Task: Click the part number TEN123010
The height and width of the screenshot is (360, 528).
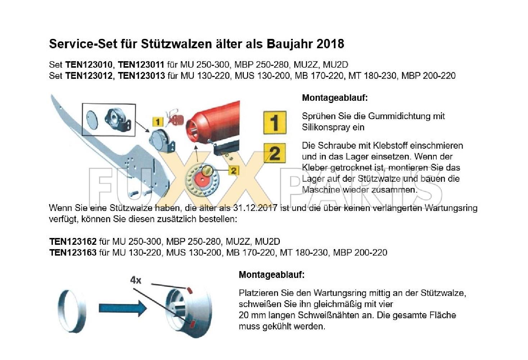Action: pos(89,65)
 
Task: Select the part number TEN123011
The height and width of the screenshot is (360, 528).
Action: pos(141,65)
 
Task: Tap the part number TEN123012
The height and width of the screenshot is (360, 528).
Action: pos(89,76)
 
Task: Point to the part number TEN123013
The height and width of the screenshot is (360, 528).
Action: pos(141,76)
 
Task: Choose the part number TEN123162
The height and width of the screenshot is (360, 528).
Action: pos(73,242)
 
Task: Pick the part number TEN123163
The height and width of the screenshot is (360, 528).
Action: pos(73,253)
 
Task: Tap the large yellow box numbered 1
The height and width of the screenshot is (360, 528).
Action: pos(275,123)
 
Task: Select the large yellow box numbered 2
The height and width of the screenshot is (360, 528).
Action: pos(275,153)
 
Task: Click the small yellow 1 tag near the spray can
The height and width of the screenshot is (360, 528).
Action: pos(158,122)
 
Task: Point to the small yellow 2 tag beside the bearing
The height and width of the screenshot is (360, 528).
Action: pos(233,171)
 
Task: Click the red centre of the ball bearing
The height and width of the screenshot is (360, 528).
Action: pos(202,179)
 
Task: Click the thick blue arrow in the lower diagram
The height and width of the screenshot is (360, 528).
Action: pos(123,308)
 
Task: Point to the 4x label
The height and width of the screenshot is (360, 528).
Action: pos(136,280)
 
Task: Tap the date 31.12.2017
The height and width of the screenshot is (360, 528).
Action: pos(255,208)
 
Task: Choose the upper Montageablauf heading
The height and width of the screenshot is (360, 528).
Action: pos(335,98)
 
